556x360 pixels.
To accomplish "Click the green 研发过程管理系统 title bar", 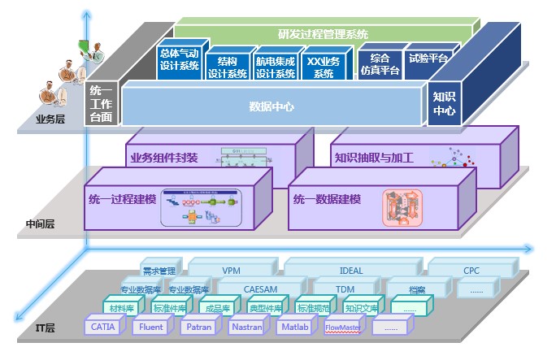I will coord(317,34).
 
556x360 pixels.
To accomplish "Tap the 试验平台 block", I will coord(428,59).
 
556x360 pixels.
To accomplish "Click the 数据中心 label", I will coord(271,106).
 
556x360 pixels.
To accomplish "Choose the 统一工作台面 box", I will coord(102,104).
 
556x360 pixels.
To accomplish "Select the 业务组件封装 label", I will coord(163,158).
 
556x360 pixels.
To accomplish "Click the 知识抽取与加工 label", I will coord(374,158).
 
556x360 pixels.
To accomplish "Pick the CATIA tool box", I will coord(103,327).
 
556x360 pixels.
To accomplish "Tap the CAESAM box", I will coord(260,288).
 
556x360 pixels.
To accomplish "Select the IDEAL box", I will coord(350,269).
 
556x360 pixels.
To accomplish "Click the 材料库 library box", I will coord(123,308).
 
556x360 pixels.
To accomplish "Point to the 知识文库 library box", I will coord(360,308).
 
